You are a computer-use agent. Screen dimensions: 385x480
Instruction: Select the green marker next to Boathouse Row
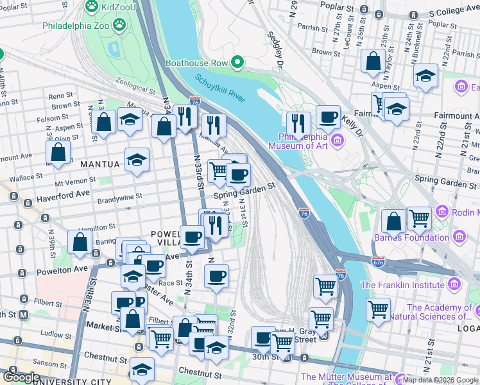[x=237, y=63]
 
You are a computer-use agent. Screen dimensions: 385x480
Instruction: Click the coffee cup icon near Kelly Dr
[x=328, y=117]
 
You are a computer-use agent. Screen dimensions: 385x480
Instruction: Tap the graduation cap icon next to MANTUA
[x=137, y=159]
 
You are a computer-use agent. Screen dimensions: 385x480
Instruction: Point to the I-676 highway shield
[x=379, y=261]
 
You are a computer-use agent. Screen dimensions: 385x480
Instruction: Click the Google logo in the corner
[x=22, y=377]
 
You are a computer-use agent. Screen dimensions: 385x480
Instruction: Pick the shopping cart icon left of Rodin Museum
[x=419, y=218]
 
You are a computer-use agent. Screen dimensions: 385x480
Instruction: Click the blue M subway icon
[x=24, y=314]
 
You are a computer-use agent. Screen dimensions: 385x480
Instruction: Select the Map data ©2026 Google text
[x=440, y=380]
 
